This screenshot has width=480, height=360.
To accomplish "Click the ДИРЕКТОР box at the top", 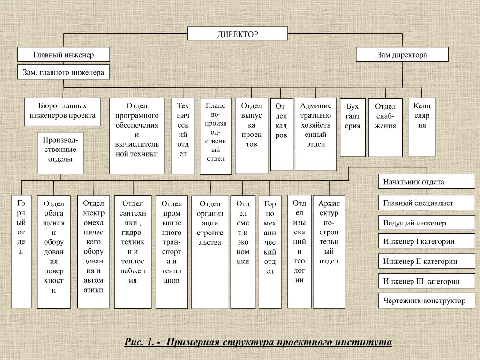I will [x=238, y=34].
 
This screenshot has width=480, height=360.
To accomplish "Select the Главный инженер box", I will [x=64, y=55].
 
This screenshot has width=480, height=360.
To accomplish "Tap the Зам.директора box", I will [x=402, y=55].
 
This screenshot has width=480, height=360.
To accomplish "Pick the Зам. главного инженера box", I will [x=64, y=73].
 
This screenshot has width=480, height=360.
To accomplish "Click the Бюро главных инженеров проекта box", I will [x=63, y=112].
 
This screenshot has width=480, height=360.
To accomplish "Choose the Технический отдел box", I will [x=183, y=135].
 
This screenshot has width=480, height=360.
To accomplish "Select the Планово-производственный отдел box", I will [x=216, y=136].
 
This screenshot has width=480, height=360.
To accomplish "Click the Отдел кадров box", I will [x=282, y=134].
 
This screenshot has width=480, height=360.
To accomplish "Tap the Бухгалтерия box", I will [x=352, y=127].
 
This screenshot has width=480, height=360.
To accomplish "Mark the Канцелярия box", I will [x=422, y=126].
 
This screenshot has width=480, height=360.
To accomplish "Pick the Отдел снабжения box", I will [x=385, y=127].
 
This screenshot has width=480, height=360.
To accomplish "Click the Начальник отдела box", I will [x=427, y=182].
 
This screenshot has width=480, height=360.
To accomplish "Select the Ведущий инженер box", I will [x=427, y=223].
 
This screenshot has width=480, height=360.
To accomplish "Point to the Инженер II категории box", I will [x=427, y=261].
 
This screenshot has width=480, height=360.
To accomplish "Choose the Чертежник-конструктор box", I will [x=427, y=300].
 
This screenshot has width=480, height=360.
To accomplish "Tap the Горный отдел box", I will [x=21, y=252].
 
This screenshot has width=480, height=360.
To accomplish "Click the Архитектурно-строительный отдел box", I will [x=329, y=252].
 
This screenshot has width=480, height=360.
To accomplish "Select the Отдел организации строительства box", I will [x=210, y=253].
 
